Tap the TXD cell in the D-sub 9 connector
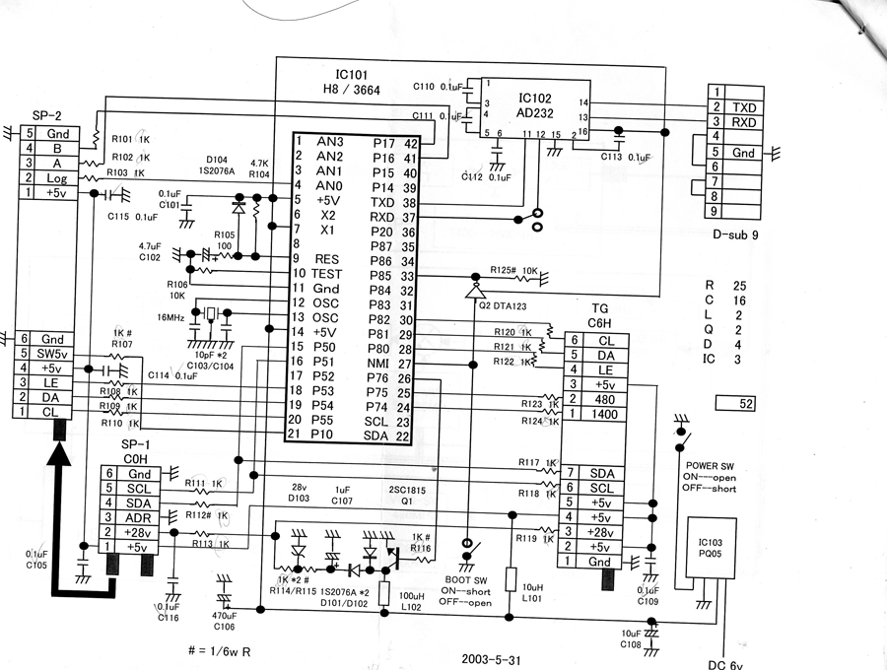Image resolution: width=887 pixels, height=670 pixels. (744, 107)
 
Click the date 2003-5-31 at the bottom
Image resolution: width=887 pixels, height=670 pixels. (490, 658)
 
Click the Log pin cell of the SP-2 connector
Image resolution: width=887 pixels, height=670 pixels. (57, 178)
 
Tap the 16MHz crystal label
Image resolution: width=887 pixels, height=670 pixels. (170, 318)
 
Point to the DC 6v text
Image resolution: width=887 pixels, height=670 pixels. (728, 664)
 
